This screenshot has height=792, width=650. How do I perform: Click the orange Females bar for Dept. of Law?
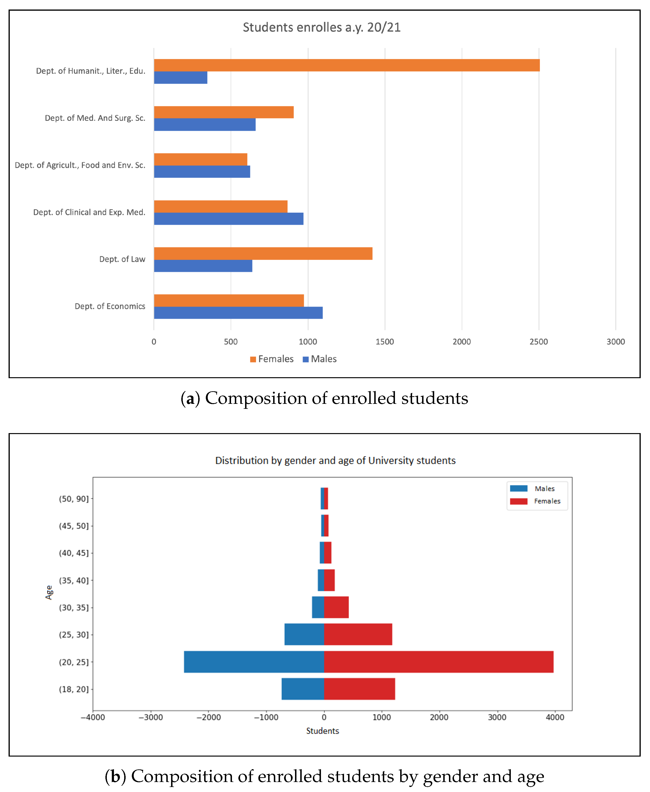(263, 253)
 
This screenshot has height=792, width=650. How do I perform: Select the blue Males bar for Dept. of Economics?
(238, 313)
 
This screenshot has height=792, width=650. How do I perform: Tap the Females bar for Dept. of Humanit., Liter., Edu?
(347, 65)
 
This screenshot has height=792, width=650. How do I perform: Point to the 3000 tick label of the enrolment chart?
(616, 341)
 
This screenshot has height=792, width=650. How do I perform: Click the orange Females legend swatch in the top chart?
(253, 359)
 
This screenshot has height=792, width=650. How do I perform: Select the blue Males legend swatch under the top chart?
(305, 359)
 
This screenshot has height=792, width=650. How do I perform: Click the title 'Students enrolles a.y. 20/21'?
(322, 27)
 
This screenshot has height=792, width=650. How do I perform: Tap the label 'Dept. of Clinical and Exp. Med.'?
(89, 212)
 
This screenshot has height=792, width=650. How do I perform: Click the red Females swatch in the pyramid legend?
(519, 501)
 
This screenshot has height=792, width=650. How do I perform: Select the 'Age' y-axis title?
(49, 592)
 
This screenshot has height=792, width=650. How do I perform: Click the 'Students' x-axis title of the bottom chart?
(322, 731)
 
